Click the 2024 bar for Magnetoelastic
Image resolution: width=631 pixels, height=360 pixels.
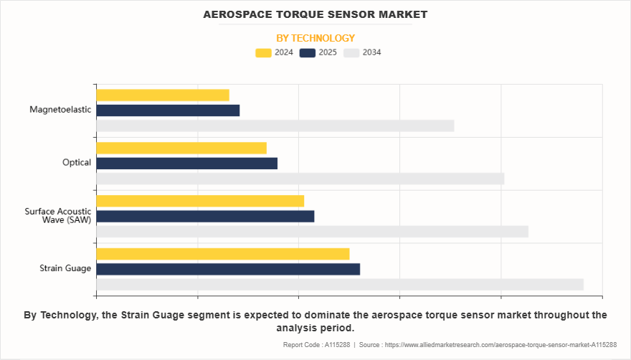pos(163,95)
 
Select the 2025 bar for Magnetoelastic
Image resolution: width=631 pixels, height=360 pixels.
pos(168,110)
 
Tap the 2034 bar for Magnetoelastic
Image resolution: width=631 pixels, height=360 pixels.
pos(275,125)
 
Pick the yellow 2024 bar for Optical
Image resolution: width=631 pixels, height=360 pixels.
pos(181,148)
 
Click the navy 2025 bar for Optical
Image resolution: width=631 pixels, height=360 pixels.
pos(186,164)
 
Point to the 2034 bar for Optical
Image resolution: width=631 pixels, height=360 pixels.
pos(300,179)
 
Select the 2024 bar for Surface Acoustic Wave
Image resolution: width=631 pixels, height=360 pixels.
pos(200,201)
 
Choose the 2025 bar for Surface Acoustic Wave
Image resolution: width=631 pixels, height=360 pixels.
pos(205,217)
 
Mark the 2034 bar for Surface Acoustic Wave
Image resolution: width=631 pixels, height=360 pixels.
pos(312,232)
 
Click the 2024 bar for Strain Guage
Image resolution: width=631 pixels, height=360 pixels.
pos(222,254)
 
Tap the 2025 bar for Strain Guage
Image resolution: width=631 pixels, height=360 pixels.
pos(228,269)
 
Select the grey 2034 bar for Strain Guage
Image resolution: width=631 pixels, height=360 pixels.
pos(340,285)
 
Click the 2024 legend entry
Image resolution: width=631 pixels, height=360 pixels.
pos(274,52)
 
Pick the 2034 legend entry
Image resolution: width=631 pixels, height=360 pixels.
pos(362,52)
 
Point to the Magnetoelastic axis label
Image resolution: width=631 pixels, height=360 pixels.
pos(60,110)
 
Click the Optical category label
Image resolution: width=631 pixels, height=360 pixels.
pos(77,163)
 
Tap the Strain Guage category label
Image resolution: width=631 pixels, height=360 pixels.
pos(65,269)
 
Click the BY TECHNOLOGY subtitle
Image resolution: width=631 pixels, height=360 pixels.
pos(315,38)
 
